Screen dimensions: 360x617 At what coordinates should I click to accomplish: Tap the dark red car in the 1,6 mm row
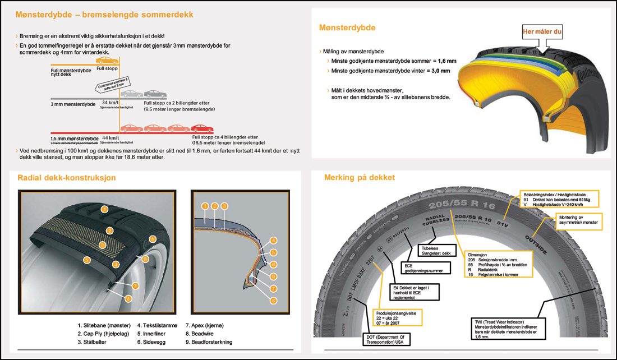click(x=201, y=128)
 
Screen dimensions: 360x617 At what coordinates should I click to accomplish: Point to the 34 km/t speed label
click(x=110, y=103)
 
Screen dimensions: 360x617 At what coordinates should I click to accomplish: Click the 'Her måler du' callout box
click(x=542, y=31)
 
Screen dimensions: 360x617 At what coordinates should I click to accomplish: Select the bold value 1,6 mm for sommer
click(x=446, y=61)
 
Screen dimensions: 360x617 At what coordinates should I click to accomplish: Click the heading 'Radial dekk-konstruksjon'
click(x=67, y=178)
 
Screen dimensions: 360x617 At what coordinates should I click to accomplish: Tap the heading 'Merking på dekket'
click(x=360, y=178)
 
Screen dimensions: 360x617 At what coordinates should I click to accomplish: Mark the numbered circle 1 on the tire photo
click(x=104, y=209)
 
